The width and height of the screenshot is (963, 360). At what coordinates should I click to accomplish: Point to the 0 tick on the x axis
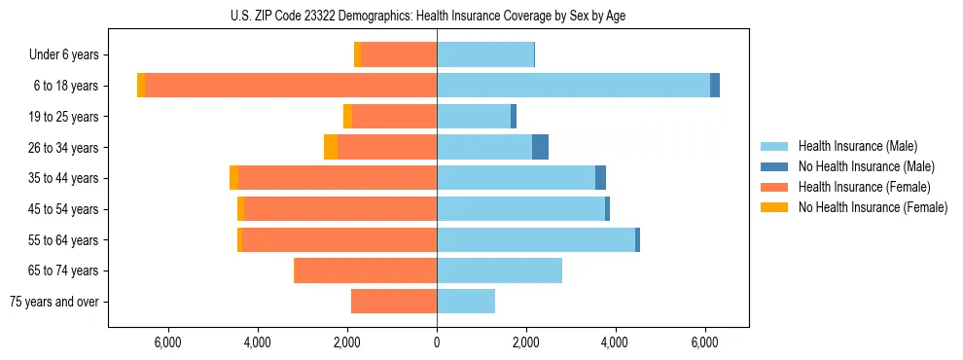pos(437,342)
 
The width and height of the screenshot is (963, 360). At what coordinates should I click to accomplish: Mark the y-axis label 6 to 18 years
pos(66,86)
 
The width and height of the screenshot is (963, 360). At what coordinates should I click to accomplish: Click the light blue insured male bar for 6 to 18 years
pos(573,86)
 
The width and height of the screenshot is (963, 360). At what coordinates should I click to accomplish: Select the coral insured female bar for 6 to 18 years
pos(291,86)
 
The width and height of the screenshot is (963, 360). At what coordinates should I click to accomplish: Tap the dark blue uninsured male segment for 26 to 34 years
pos(540,147)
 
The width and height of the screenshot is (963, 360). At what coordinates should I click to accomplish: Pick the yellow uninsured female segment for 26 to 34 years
pos(331,147)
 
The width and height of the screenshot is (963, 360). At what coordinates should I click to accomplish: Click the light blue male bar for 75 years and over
pos(466,302)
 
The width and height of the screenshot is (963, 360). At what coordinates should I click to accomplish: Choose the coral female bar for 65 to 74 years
pos(365,270)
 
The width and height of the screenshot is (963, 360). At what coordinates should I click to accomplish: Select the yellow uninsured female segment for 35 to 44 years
pos(233,178)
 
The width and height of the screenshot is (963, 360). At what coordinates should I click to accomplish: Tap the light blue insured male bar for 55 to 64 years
pos(536,239)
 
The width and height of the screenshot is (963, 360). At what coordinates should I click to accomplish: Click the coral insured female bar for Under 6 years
pos(399,55)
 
